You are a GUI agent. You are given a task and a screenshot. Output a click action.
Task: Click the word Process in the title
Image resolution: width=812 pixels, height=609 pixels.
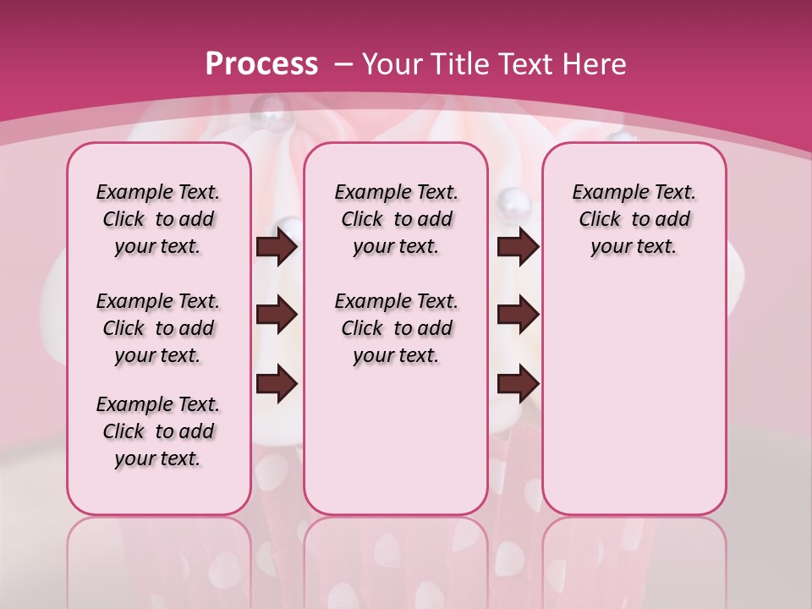coord(261,64)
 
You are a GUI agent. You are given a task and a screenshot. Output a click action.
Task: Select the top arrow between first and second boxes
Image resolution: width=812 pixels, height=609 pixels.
coord(277,246)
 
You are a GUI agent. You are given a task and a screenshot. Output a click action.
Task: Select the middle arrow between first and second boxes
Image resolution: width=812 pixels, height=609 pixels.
coord(277,315)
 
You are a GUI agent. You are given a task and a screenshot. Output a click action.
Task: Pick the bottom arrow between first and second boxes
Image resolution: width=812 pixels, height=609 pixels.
coord(277,383)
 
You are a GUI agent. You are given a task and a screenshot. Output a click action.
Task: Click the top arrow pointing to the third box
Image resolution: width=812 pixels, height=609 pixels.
coord(518,246)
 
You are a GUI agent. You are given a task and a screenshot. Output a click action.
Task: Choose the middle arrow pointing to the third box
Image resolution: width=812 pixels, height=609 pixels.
coord(518,315)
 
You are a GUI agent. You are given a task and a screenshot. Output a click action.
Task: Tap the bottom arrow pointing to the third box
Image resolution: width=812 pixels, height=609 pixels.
coord(518,383)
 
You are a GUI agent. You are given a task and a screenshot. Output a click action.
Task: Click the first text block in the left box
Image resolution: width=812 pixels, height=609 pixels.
coord(158,219)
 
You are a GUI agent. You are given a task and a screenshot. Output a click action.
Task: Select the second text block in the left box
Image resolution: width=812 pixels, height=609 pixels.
coord(158,328)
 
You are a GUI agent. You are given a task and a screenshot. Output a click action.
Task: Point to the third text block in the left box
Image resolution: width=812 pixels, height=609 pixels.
coord(158,431)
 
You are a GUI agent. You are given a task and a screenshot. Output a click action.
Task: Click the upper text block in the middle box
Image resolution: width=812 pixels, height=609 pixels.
coord(396,219)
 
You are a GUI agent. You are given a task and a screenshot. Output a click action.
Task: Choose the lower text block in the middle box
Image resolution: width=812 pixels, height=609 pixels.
coord(396,328)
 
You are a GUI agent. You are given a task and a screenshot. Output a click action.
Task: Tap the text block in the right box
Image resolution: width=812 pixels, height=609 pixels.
coord(634,219)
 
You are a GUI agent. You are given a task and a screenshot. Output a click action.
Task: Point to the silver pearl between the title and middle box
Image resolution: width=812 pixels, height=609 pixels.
coord(274,108)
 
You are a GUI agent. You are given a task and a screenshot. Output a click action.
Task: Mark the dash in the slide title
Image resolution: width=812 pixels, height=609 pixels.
coord(343,65)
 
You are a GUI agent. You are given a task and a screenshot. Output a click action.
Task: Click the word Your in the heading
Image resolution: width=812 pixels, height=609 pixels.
coord(393,64)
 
